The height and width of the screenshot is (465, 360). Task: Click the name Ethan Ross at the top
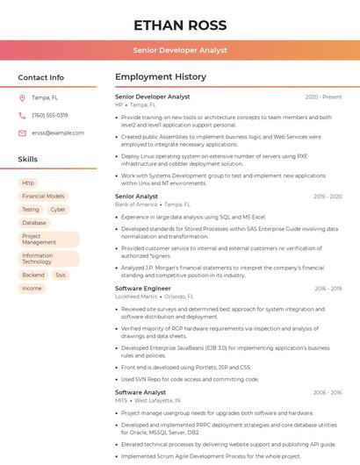pyautogui.click(x=180, y=25)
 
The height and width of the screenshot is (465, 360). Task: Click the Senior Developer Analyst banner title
pyautogui.click(x=180, y=51)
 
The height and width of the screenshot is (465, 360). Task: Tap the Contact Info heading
pyautogui.click(x=41, y=77)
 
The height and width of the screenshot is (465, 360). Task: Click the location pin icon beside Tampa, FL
pyautogui.click(x=22, y=97)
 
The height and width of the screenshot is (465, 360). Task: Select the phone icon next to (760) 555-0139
pyautogui.click(x=22, y=115)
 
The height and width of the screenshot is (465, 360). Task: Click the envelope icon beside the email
pyautogui.click(x=22, y=132)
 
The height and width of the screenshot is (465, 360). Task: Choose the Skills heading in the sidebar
pyautogui.click(x=28, y=160)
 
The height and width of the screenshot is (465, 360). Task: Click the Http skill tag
pyautogui.click(x=29, y=182)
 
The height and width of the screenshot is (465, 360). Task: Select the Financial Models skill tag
pyautogui.click(x=43, y=197)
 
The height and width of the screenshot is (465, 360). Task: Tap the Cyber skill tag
pyautogui.click(x=58, y=210)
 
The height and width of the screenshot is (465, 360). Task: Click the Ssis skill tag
pyautogui.click(x=61, y=275)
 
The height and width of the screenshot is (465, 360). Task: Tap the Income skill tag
pyautogui.click(x=32, y=288)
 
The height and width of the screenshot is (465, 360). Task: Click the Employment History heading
pyautogui.click(x=161, y=77)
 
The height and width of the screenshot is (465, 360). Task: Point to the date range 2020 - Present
pyautogui.click(x=323, y=97)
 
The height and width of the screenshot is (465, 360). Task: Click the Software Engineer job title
pyautogui.click(x=143, y=288)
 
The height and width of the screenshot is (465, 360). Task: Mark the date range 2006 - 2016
pyautogui.click(x=326, y=392)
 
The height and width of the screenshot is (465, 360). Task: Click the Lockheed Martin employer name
pyautogui.click(x=137, y=297)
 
